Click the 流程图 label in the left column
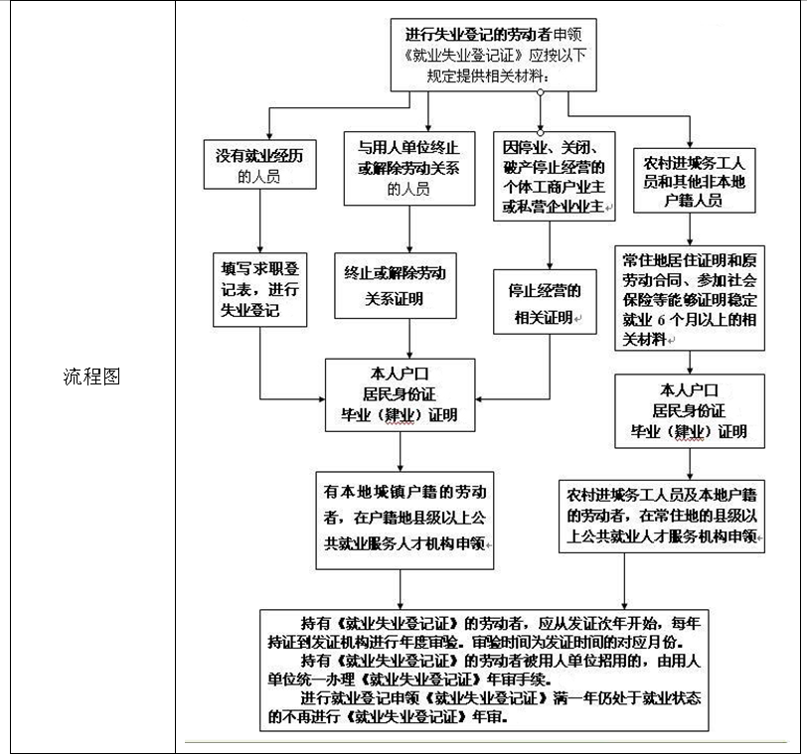point(91,377)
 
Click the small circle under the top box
point(541,92)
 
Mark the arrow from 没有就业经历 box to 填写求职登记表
point(260,222)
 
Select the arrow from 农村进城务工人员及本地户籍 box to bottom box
point(624,581)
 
